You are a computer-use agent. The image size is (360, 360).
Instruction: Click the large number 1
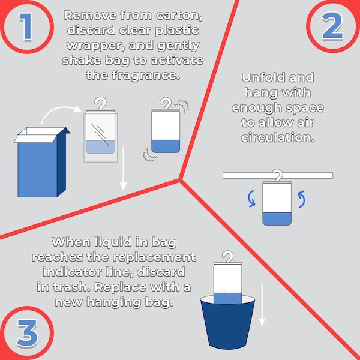26,26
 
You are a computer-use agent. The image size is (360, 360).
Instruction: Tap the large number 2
332,26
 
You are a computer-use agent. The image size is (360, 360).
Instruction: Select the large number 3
27,333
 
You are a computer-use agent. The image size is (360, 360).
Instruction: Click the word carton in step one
179,16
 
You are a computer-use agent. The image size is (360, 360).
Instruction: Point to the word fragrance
146,76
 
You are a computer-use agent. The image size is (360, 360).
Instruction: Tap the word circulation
278,137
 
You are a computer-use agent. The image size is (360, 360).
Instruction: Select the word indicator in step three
73,272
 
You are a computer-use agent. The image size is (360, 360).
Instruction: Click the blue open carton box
42,162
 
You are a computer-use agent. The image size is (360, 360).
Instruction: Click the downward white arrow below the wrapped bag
124,168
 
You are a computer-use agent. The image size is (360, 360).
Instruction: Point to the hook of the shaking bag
166,103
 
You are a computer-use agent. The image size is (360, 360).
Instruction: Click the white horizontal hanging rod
278,175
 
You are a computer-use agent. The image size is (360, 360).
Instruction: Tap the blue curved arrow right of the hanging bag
303,199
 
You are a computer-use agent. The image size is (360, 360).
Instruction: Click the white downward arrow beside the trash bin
262,305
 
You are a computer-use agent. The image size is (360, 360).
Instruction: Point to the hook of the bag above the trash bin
228,257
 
